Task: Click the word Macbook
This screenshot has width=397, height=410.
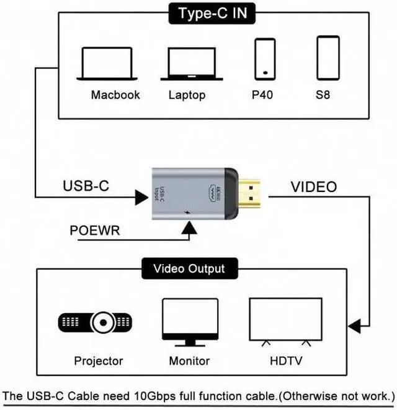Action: pyautogui.click(x=115, y=95)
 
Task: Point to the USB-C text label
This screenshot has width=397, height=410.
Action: pyautogui.click(x=87, y=186)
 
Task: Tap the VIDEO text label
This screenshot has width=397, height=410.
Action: pyautogui.click(x=314, y=186)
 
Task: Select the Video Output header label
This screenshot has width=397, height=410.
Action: pyautogui.click(x=189, y=269)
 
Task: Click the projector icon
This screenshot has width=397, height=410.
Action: pyautogui.click(x=96, y=322)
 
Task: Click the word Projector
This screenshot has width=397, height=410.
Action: pyautogui.click(x=99, y=361)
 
